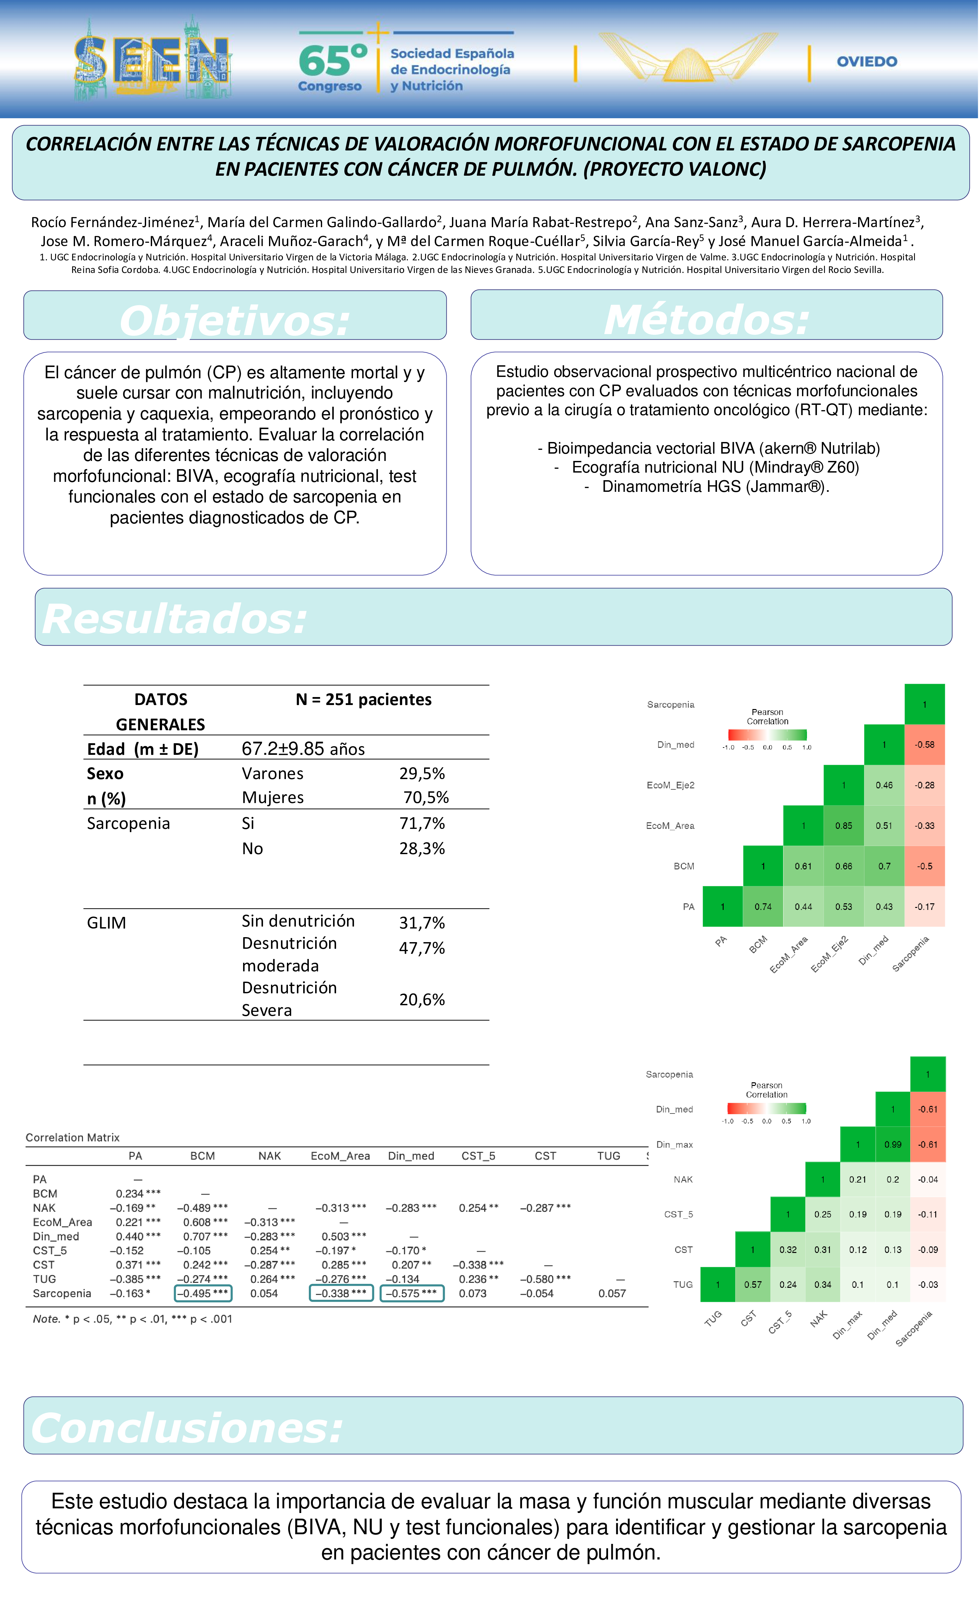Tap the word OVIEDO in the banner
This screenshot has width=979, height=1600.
(867, 62)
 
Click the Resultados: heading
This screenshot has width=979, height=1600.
(174, 619)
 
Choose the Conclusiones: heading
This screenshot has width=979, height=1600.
(187, 1428)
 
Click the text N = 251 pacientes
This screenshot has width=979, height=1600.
(364, 699)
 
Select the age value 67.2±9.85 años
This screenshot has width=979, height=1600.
(303, 749)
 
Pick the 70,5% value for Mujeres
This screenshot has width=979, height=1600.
(426, 797)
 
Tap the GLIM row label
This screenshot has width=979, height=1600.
(107, 923)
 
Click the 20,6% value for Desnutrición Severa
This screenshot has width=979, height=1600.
(422, 999)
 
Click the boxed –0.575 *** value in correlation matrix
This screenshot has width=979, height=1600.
(411, 1293)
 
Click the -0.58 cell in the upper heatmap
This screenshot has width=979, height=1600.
(925, 745)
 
